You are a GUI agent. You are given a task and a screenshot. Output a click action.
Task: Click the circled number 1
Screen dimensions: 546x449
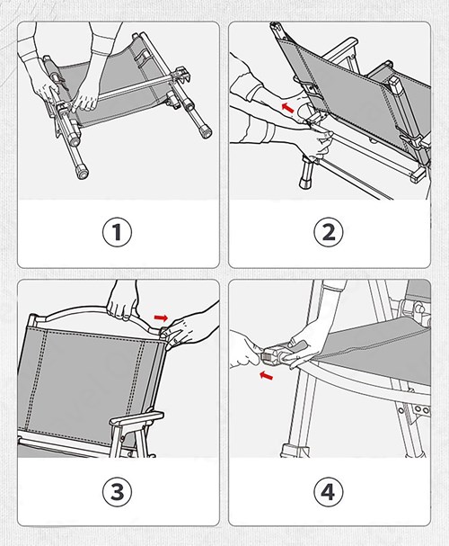(118, 233)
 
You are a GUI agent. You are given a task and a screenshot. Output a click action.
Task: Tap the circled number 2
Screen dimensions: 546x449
(329, 233)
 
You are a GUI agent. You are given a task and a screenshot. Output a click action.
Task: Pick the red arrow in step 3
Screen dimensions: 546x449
(161, 318)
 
